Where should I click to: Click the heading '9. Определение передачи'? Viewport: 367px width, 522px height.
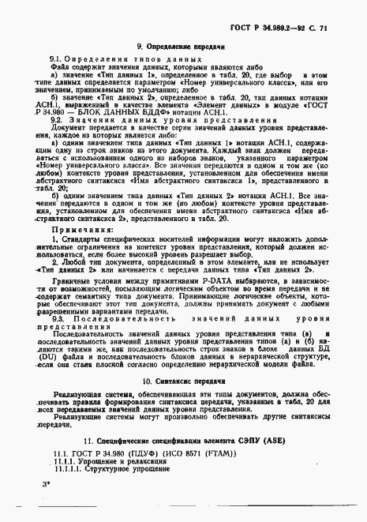tap(181, 49)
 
